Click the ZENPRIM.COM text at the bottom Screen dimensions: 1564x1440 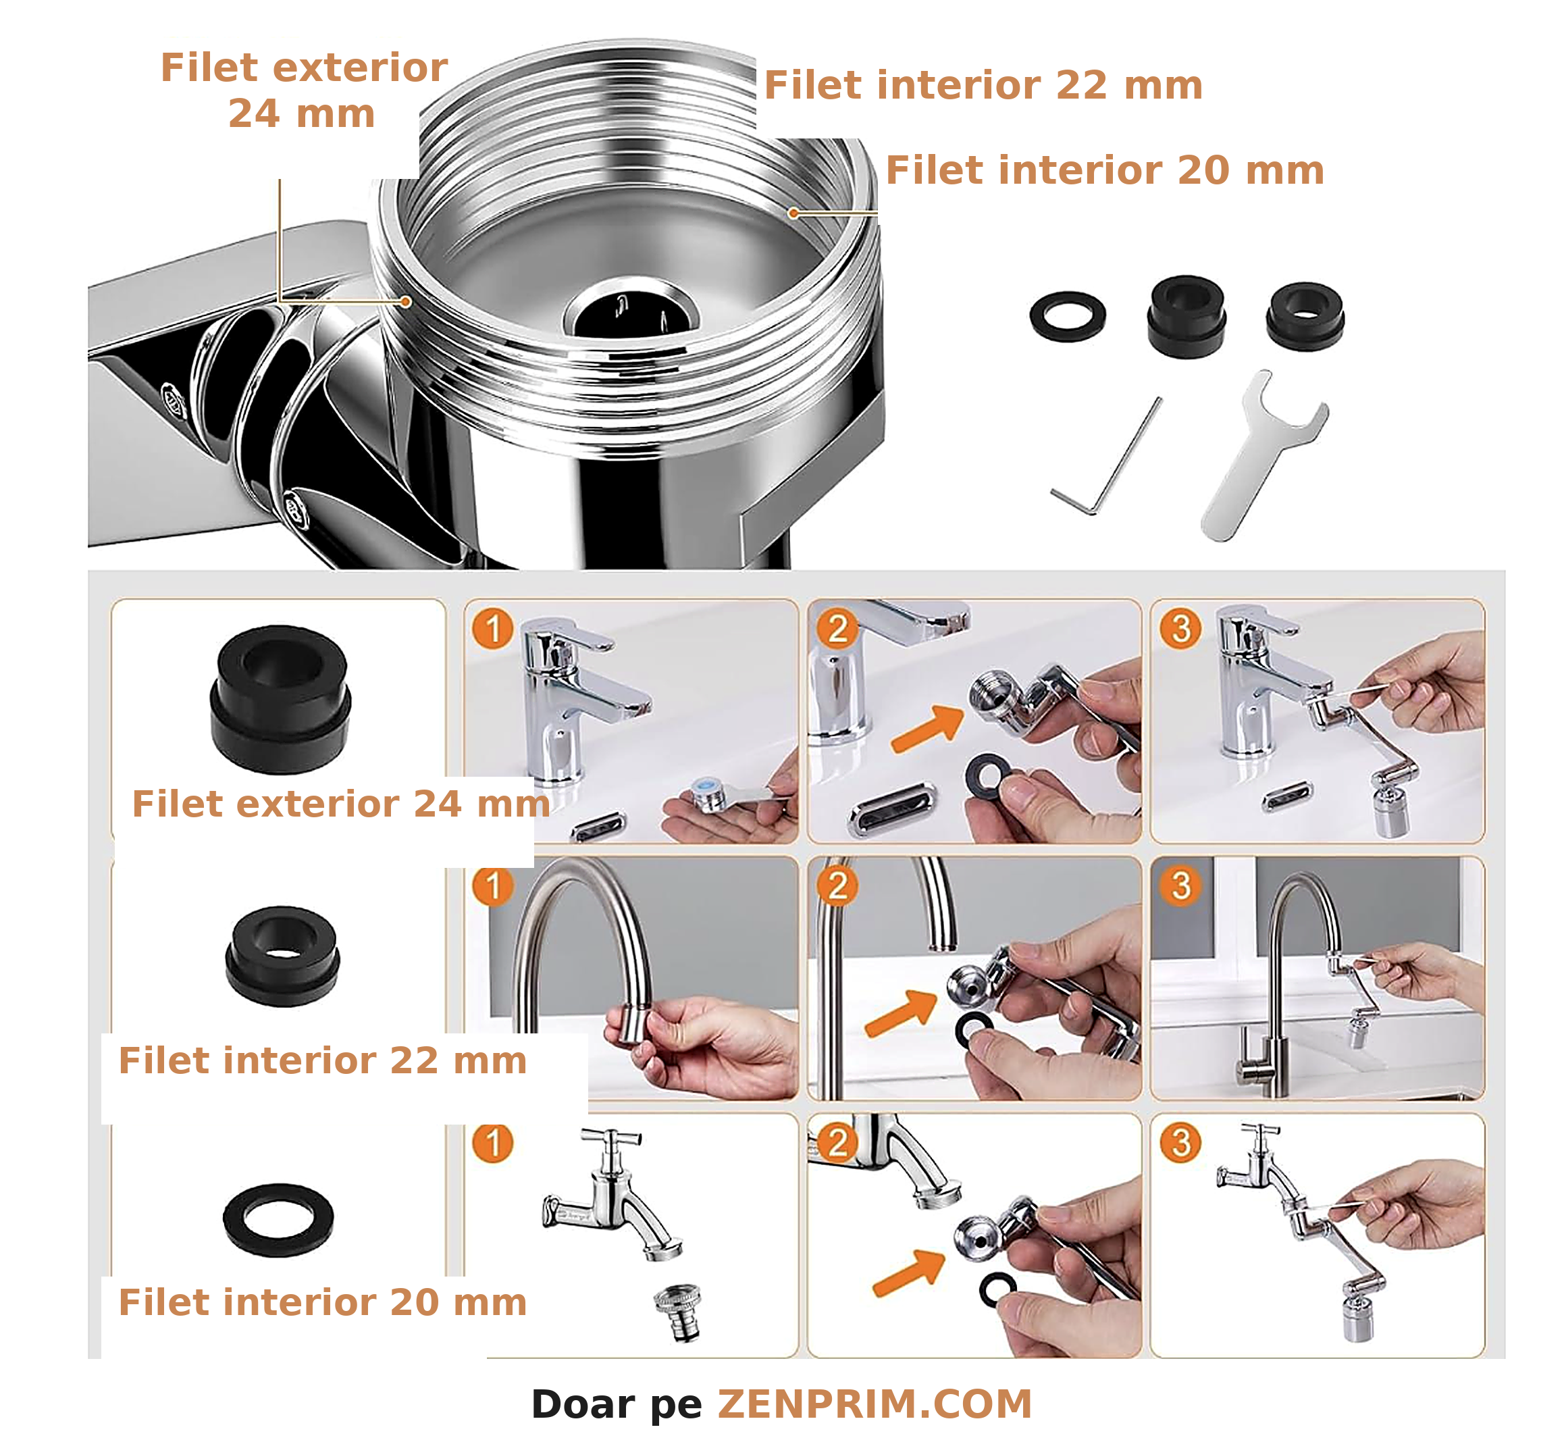tap(874, 1404)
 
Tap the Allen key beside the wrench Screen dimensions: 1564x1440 tap(1106, 456)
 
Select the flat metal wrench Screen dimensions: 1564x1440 tap(1264, 455)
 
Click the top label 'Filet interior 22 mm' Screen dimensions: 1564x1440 tap(983, 85)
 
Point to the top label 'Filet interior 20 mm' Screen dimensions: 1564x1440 tap(1105, 170)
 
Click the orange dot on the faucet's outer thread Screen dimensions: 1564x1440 tap(406, 301)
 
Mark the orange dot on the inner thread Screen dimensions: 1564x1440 tap(793, 213)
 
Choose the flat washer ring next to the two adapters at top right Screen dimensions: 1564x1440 tap(1067, 316)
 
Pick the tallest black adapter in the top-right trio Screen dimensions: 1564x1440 tap(1185, 315)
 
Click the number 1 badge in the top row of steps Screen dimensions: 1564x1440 tap(492, 629)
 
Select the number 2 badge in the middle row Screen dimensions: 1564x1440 tap(837, 886)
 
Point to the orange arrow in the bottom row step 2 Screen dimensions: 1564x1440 tap(909, 1273)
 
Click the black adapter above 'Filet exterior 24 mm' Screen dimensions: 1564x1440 tap(280, 699)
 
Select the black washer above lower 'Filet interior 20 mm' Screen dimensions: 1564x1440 tap(278, 1220)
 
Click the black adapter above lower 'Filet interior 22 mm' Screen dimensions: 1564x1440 tap(282, 956)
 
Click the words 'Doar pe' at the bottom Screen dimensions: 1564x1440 tap(616, 1404)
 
